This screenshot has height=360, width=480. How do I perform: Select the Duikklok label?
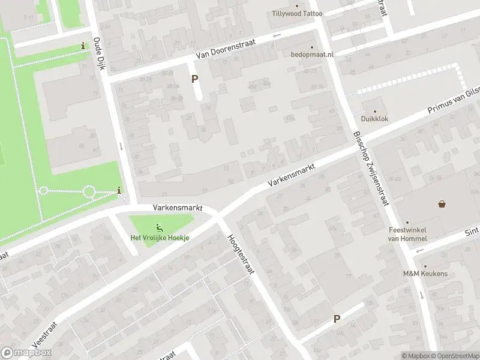click(376, 119)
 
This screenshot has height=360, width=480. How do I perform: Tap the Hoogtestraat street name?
click(241, 254)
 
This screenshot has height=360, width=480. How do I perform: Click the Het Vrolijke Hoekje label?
click(160, 238)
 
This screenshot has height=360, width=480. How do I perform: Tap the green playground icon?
click(160, 227)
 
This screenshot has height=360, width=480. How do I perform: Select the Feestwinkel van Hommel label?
click(406, 235)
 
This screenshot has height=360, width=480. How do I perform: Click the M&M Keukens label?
click(424, 273)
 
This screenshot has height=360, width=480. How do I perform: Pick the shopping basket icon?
click(442, 204)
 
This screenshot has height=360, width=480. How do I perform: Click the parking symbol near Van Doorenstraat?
click(194, 79)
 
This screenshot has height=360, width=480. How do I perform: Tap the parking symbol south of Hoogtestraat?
click(337, 319)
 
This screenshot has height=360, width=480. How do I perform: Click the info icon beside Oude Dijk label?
click(83, 46)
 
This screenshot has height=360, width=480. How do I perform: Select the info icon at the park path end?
click(119, 191)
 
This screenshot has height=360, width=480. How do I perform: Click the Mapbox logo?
click(26, 353)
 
